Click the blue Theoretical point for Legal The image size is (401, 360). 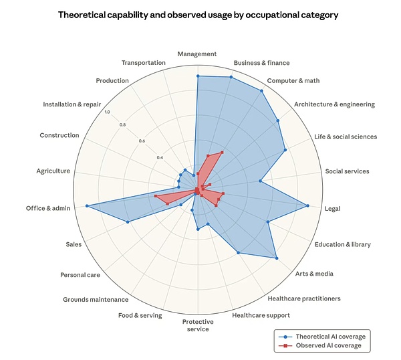pos(307,205)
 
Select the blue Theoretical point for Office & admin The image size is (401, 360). pos(87,206)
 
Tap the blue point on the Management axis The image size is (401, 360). pos(198,76)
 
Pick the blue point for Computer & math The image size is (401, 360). pos(261,91)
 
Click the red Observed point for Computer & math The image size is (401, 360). pos(222,153)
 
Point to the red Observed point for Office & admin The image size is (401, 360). pos(156,196)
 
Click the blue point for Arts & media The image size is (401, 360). pos(277,258)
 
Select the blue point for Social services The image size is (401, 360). pos(261,181)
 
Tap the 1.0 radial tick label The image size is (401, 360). pos(107,112)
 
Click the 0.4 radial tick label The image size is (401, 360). pos(160,157)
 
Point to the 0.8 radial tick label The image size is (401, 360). pos(123,125)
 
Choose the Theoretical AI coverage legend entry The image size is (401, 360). pos(322,337)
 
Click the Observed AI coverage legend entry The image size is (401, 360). pos(320,345)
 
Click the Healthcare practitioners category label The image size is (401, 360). pos(304,298)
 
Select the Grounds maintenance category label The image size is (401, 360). pos(96,300)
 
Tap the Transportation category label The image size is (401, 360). pos(144,63)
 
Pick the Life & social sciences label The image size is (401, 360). pos(346,137)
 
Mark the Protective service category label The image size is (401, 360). pos(198,325)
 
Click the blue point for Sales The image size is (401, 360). pos(128,222)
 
